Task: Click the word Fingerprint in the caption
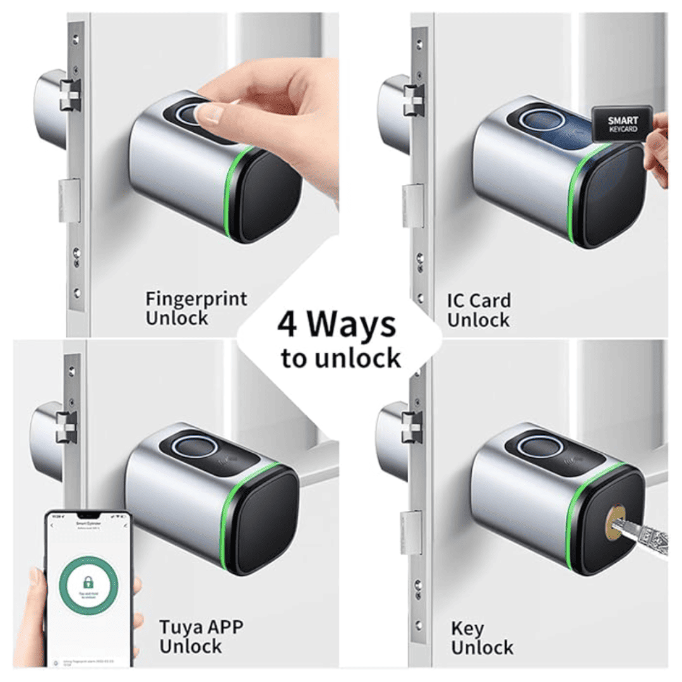[x=196, y=299]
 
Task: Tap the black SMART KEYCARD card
[x=622, y=124]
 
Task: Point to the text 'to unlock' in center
[x=341, y=358]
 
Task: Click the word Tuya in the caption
[x=180, y=628]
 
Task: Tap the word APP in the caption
[x=223, y=628]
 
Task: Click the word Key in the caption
[x=467, y=628]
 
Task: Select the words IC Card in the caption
[x=479, y=301]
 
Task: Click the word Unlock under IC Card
[x=478, y=320]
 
